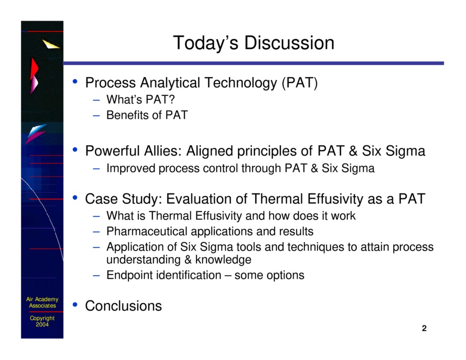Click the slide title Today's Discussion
tap(253, 43)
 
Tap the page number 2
tap(424, 329)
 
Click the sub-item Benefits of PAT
tap(147, 115)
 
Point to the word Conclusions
tap(123, 306)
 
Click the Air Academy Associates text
tap(42, 302)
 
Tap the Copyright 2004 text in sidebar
tap(42, 321)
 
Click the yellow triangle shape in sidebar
tap(51, 44)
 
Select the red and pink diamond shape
tap(34, 75)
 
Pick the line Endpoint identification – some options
tap(205, 275)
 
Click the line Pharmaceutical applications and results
tap(209, 232)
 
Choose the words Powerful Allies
tap(133, 151)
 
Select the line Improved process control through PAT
tap(240, 168)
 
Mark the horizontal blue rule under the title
tap(253, 63)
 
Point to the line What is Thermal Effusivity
tap(231, 216)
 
